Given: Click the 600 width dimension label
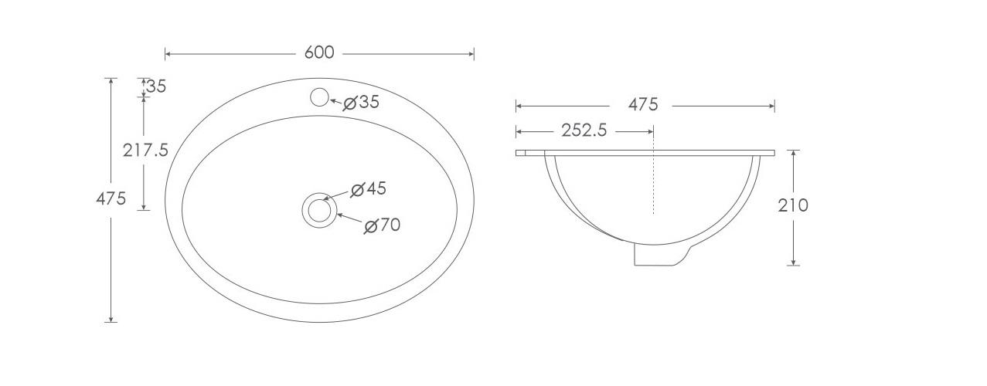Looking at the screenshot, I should pyautogui.click(x=318, y=52).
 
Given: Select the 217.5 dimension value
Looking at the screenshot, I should pyautogui.click(x=145, y=150).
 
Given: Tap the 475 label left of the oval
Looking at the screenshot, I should pyautogui.click(x=111, y=198).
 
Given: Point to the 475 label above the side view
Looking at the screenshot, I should pyautogui.click(x=642, y=104).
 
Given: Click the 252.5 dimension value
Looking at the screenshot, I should pyautogui.click(x=584, y=130).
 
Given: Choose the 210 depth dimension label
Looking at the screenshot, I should pyautogui.click(x=793, y=205).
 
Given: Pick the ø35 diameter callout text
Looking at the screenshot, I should pyautogui.click(x=362, y=102).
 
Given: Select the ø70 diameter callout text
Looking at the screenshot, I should pyautogui.click(x=382, y=225).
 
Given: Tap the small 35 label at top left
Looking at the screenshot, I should pyautogui.click(x=156, y=86).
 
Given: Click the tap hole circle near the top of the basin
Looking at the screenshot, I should pyautogui.click(x=319, y=97).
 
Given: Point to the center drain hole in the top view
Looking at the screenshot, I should pyautogui.click(x=319, y=210).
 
